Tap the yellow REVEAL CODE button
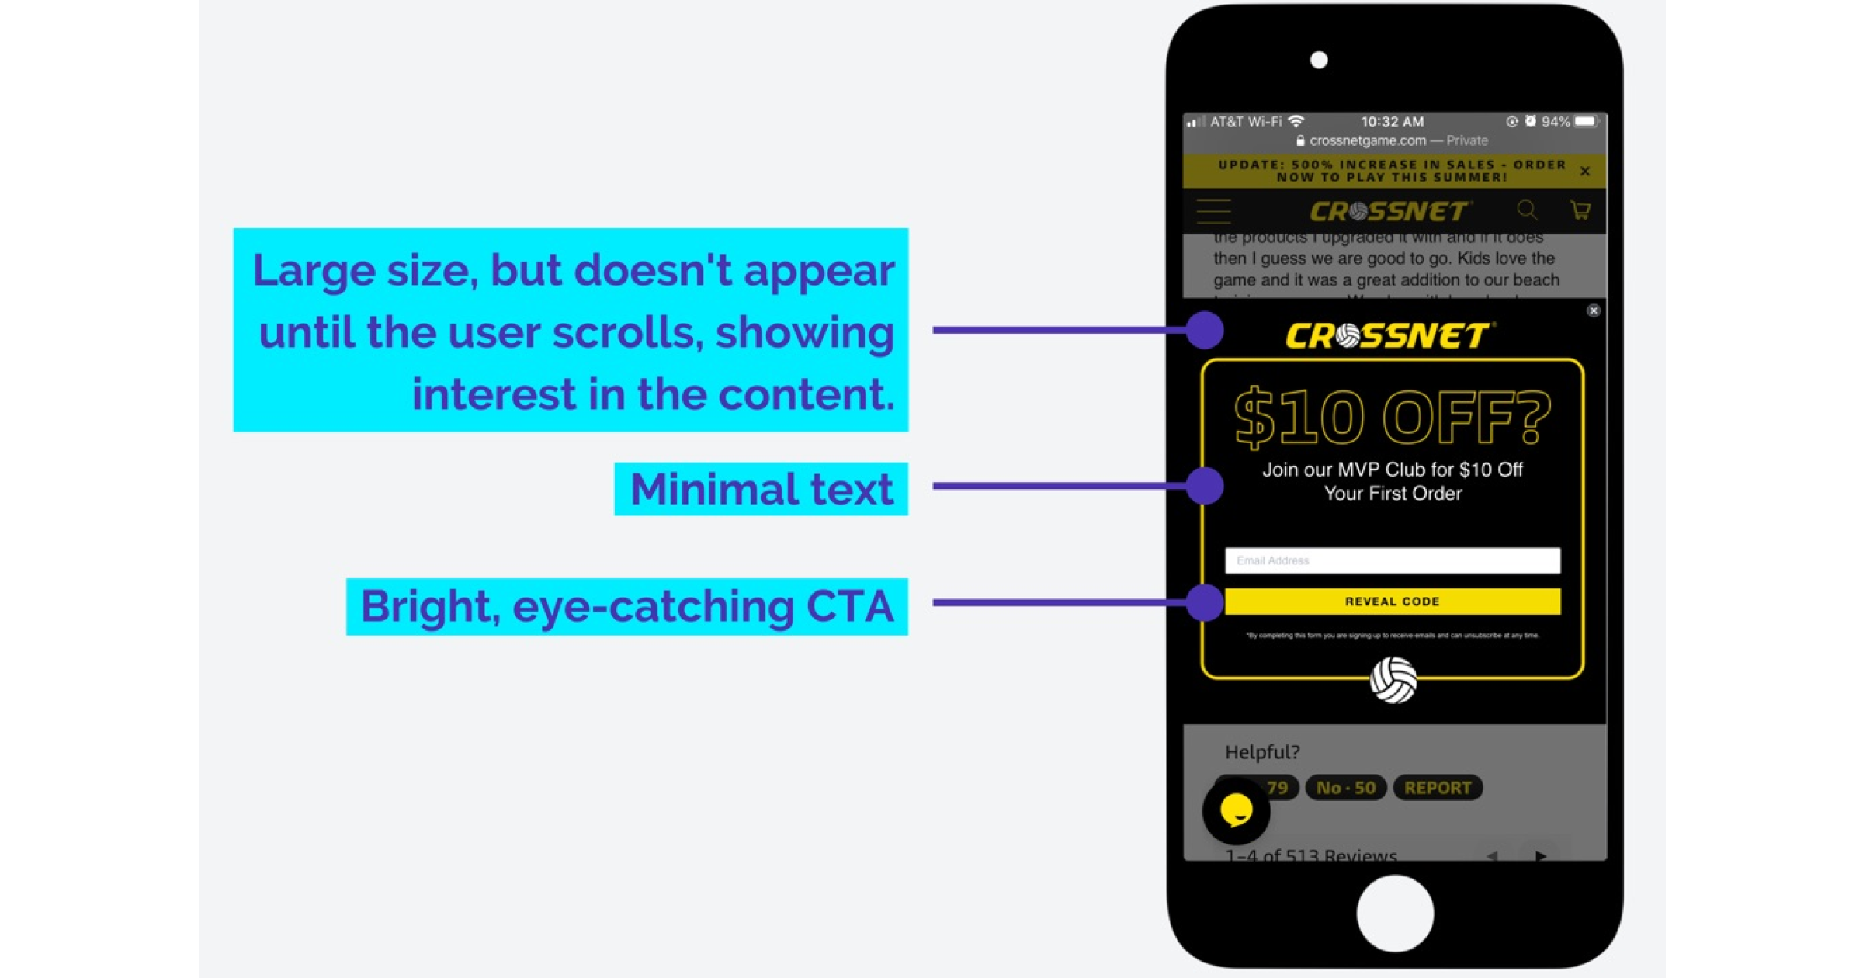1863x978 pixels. coord(1392,602)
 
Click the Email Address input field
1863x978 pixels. coord(1392,560)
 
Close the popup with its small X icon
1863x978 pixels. coord(1594,310)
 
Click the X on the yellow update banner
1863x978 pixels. coord(1585,171)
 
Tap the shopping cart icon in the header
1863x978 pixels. coord(1580,210)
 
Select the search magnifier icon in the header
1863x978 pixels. coord(1527,210)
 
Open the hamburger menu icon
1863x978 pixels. coord(1213,211)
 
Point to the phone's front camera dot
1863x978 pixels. coord(1319,60)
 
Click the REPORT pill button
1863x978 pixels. coord(1438,788)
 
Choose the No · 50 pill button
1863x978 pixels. coord(1346,788)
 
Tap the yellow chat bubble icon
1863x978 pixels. coord(1236,810)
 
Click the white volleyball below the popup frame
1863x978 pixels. coord(1393,680)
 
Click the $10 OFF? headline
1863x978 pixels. coord(1392,419)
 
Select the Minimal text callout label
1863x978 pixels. coord(761,489)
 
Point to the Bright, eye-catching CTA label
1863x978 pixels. coord(626,606)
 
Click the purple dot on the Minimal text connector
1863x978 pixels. coord(1205,486)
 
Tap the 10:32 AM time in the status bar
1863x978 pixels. coord(1392,122)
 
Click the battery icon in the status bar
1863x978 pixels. coord(1586,121)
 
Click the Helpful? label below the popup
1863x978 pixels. coord(1262,751)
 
